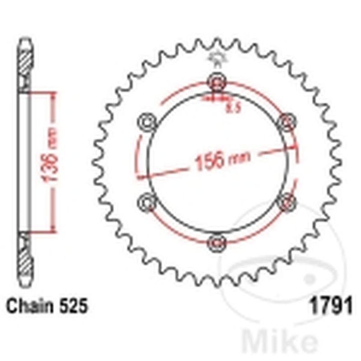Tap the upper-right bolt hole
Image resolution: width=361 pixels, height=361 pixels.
[286, 122]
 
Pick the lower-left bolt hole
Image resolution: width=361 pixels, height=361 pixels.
[147, 202]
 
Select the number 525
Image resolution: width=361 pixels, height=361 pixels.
[71, 307]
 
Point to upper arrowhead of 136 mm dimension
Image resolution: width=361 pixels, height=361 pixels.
[53, 95]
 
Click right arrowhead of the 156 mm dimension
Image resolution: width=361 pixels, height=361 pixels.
[295, 146]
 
